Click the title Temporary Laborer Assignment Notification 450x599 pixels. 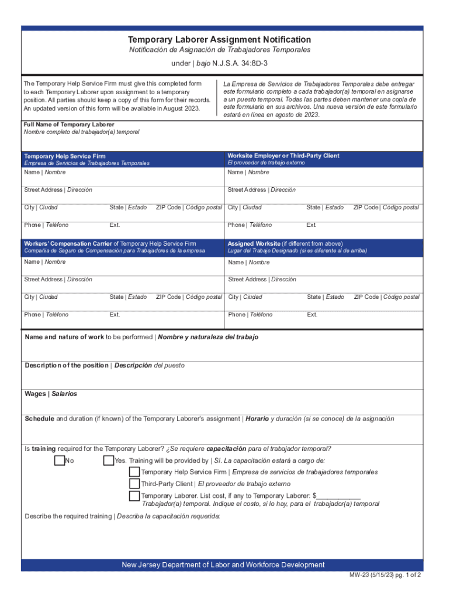click(x=219, y=40)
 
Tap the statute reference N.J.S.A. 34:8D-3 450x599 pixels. click(x=241, y=63)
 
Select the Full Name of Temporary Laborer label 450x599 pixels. click(x=69, y=125)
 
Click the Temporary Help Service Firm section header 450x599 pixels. click(x=65, y=156)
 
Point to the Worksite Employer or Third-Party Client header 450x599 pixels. click(x=283, y=156)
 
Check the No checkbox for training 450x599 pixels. click(x=59, y=461)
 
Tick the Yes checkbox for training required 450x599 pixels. click(x=108, y=461)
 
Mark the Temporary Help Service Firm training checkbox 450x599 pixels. click(x=134, y=472)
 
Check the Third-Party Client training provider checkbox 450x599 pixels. click(x=134, y=484)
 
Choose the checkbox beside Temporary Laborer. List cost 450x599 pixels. click(x=134, y=497)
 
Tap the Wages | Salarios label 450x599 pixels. click(x=51, y=394)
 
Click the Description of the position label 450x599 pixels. click(x=66, y=366)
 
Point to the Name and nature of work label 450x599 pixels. click(x=64, y=338)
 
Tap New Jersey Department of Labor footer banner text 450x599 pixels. click(x=223, y=565)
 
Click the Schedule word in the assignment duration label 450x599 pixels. click(x=39, y=419)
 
